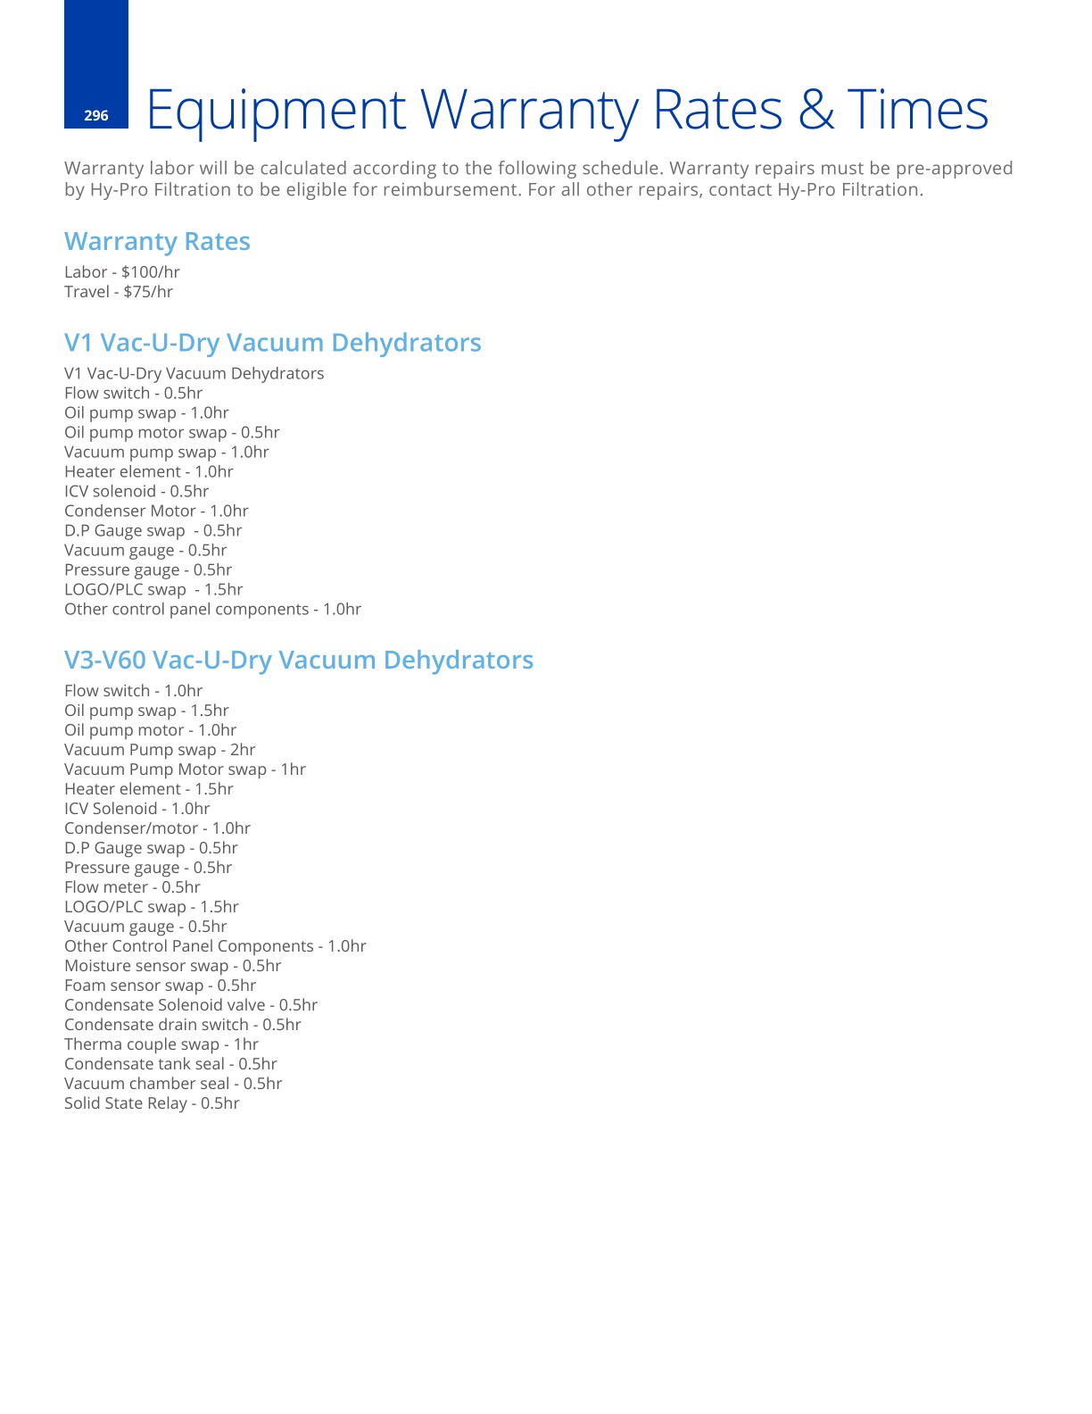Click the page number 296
[95, 115]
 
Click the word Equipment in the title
[276, 111]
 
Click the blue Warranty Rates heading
[157, 242]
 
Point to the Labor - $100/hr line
[122, 272]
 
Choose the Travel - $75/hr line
[119, 292]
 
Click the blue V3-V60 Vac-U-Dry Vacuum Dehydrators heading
[299, 661]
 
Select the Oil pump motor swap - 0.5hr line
[172, 433]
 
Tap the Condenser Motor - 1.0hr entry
[156, 512]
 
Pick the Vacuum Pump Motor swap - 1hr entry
[185, 769]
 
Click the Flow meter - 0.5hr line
[132, 887]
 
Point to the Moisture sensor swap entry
[173, 966]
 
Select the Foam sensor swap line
[161, 986]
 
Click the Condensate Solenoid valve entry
[191, 1005]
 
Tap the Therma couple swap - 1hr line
[161, 1044]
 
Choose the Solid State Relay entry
[152, 1103]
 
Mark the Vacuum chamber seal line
[173, 1084]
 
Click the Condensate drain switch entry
[183, 1025]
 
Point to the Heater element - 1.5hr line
[149, 789]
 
